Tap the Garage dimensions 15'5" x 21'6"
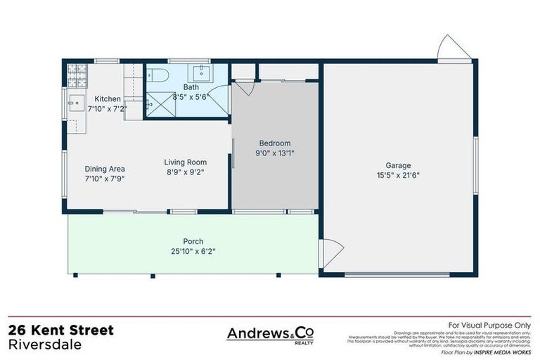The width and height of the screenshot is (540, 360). point(398,176)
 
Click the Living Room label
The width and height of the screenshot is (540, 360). point(186,162)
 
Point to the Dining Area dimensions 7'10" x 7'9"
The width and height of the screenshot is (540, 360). point(105,179)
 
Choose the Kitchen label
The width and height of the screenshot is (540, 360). point(108,99)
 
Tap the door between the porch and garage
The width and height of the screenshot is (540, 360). point(330,252)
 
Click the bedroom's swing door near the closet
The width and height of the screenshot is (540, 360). point(245,88)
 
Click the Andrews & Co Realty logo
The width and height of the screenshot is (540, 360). point(270,335)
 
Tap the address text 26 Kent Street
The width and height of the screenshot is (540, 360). point(60,330)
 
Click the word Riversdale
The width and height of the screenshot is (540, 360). point(44,345)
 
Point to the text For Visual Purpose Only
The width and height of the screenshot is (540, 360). point(490,325)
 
